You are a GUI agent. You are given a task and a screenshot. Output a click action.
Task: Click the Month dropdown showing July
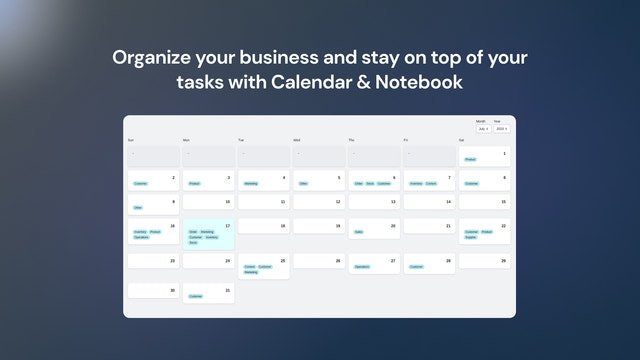point(483,129)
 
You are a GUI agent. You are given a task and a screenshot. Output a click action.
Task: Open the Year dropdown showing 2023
point(502,129)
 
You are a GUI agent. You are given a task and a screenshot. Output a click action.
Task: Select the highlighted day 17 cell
point(207,236)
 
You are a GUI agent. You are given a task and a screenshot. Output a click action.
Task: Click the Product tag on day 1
point(470,159)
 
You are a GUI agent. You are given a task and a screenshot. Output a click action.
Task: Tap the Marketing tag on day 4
point(251,184)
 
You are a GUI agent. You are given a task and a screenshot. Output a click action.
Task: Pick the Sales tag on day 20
point(358,232)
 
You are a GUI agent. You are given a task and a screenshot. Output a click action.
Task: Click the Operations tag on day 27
point(362,267)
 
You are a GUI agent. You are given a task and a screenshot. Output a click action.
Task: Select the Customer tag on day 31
point(196,296)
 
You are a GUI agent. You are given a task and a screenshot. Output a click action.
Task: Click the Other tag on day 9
point(138,207)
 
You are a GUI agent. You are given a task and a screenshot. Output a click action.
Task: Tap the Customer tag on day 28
point(416,267)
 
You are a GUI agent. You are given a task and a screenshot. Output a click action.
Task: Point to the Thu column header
point(352,140)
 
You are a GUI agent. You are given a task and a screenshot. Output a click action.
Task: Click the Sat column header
point(462,140)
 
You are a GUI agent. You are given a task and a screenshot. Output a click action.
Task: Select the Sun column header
point(131,140)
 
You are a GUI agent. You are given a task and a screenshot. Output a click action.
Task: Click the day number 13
point(393,202)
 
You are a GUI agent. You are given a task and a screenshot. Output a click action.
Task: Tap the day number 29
point(503,261)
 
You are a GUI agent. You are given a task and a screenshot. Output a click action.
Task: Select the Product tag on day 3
point(195,184)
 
